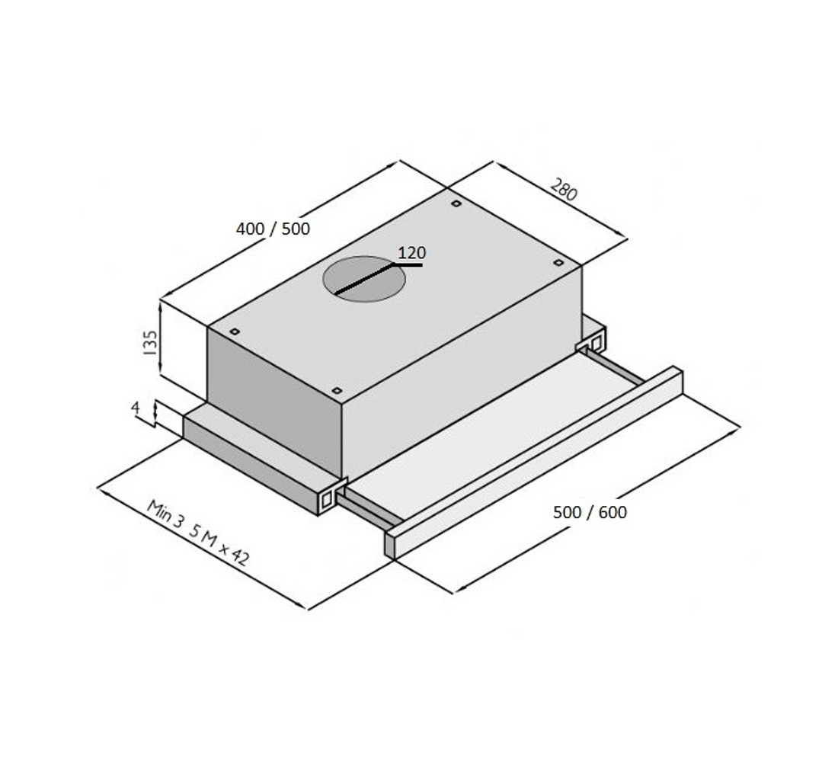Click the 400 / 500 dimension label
273,229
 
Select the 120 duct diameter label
411,252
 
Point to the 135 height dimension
150,343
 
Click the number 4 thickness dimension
135,408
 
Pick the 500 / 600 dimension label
590,512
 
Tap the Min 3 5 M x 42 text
198,533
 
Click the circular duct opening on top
364,279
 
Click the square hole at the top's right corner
558,263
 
